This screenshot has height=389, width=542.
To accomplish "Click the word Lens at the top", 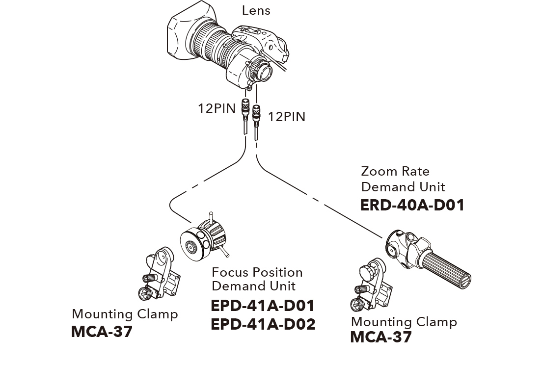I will tap(256, 10).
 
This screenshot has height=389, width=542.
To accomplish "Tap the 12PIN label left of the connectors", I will tap(217, 108).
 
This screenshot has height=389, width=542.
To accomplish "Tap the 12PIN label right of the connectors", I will tap(287, 117).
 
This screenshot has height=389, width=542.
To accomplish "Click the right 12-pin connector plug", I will tap(256, 117).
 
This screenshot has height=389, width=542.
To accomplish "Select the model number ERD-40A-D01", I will tap(412, 205).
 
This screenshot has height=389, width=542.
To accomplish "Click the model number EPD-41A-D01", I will tap(262, 306).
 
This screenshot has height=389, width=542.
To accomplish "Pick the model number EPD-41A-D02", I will tap(263, 324).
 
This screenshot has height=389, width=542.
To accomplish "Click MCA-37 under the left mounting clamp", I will tap(102, 332).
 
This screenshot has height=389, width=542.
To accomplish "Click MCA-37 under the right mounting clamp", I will tap(380, 337).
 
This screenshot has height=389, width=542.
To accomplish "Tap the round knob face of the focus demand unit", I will tap(190, 246).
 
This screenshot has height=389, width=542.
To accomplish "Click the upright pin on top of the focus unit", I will tap(211, 217).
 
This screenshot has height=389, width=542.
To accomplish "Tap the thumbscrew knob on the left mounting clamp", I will tap(143, 293).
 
